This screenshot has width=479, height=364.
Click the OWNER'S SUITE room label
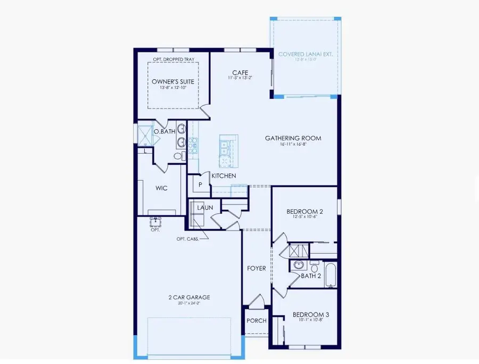(x=169, y=81)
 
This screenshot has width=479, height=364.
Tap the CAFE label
(x=238, y=73)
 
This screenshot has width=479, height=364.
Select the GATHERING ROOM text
(x=293, y=138)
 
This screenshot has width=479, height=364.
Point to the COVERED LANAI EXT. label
(x=305, y=54)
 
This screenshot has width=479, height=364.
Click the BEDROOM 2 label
(x=304, y=211)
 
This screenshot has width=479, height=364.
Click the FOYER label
(x=257, y=268)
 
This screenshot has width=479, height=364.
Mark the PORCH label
(x=257, y=320)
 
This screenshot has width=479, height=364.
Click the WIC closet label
(x=162, y=188)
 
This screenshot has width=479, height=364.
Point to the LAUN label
(x=205, y=207)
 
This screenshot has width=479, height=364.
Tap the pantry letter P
(x=201, y=184)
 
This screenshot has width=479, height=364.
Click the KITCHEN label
(x=224, y=175)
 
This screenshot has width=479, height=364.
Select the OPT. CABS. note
(x=188, y=239)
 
